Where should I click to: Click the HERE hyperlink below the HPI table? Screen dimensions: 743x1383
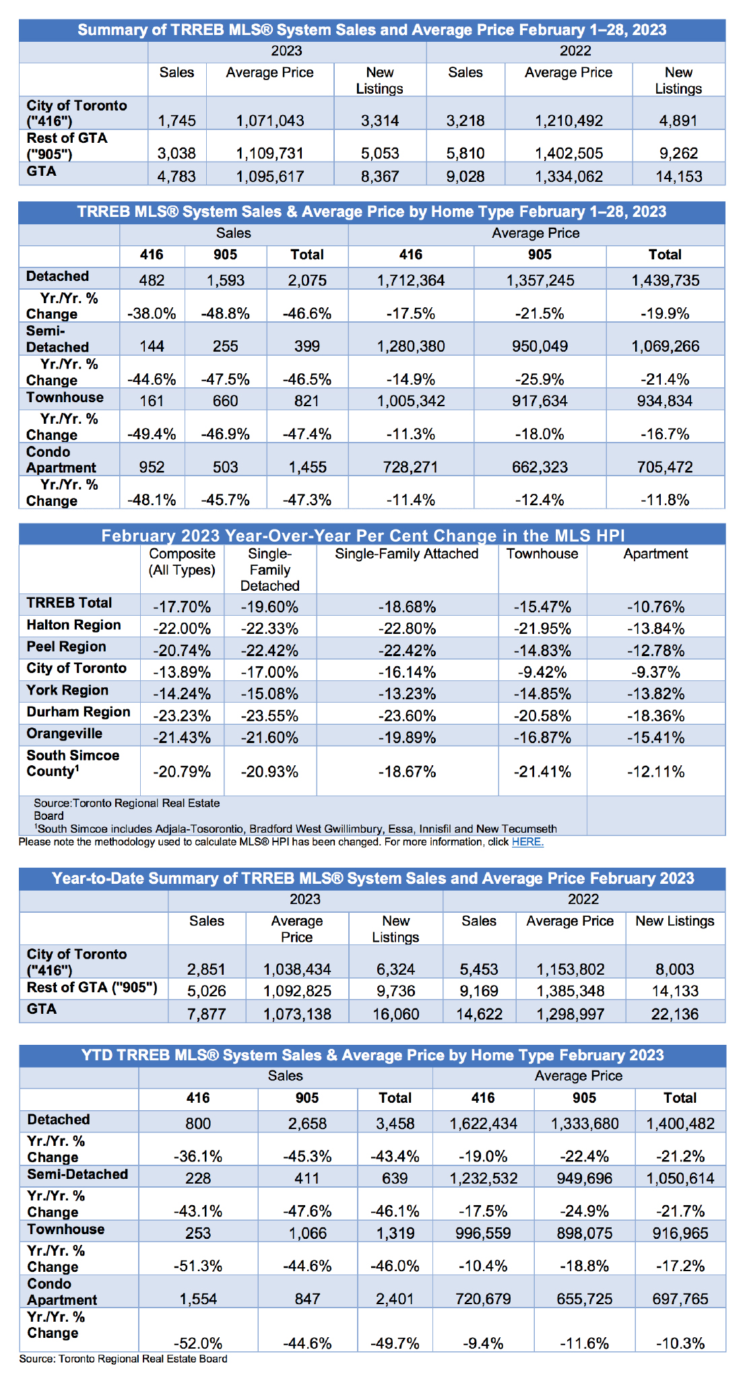click(527, 842)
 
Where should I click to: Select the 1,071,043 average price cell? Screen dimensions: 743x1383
click(270, 121)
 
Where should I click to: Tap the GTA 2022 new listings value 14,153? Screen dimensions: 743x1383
click(678, 176)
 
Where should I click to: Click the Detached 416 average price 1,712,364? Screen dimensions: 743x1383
click(410, 280)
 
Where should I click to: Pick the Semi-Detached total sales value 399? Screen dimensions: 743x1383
click(307, 346)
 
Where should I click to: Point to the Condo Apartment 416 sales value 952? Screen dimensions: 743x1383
click(152, 468)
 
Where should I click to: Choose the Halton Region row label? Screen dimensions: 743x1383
click(74, 625)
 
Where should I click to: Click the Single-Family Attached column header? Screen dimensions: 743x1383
click(407, 554)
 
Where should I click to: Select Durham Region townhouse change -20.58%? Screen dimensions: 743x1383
click(542, 715)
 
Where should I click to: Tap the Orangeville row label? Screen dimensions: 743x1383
click(65, 734)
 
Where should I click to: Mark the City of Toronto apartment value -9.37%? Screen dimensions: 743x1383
click(655, 672)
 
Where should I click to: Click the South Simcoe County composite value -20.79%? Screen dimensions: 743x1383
click(182, 771)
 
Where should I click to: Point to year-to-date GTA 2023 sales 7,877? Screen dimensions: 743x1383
click(207, 1014)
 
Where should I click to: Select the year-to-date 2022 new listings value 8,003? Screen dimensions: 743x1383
click(675, 969)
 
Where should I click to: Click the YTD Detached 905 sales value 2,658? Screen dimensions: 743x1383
click(306, 1124)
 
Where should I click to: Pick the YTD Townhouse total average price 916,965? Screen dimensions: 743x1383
click(680, 1233)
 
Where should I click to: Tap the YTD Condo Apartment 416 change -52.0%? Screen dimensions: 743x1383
click(198, 1343)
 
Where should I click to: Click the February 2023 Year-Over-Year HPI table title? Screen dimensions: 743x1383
click(363, 536)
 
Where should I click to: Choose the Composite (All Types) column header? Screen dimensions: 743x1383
click(182, 562)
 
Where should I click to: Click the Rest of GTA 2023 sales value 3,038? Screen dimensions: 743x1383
click(176, 153)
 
